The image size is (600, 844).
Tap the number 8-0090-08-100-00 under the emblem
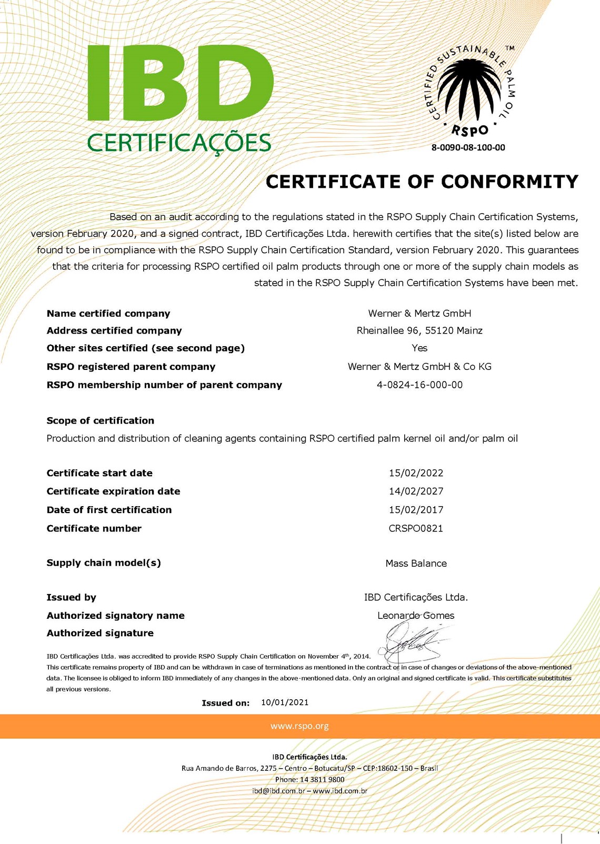[468, 148]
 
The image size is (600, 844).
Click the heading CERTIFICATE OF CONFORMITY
[422, 182]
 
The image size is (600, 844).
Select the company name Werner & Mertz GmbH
[419, 314]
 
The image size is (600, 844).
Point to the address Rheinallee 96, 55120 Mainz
[419, 331]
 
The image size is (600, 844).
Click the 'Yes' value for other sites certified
[419, 348]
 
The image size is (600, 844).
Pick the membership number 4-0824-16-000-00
[419, 385]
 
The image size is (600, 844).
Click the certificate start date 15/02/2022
[416, 473]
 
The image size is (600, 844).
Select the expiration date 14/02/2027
[416, 491]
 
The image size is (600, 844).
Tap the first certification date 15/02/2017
[416, 510]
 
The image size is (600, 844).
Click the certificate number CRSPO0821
[416, 528]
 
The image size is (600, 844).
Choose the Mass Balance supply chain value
[416, 564]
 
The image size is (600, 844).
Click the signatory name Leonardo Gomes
[416, 616]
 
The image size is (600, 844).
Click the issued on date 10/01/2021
[285, 702]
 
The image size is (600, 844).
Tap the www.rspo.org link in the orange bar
[299, 726]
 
